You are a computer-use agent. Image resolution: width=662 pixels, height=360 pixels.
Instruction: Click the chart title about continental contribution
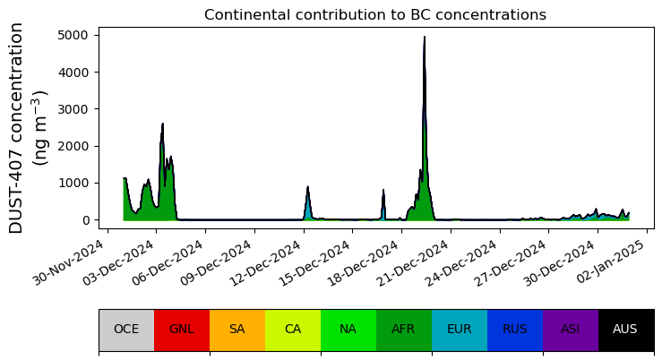(x=374, y=15)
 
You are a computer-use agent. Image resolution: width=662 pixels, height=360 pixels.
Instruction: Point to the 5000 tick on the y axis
(x=75, y=35)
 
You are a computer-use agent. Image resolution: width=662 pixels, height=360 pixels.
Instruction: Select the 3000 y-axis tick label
(x=75, y=109)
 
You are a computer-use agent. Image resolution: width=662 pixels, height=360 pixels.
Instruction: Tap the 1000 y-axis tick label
(x=75, y=183)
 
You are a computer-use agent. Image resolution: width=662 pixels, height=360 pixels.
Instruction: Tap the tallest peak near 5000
(x=425, y=39)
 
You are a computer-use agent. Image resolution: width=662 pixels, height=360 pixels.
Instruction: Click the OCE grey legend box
(x=126, y=330)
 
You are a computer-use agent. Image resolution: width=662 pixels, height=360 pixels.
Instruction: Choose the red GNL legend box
(x=182, y=330)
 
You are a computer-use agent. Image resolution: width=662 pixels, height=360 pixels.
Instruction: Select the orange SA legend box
(x=237, y=330)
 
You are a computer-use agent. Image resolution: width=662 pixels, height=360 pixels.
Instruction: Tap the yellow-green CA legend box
(x=293, y=330)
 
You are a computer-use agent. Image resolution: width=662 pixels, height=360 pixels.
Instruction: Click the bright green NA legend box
(x=348, y=330)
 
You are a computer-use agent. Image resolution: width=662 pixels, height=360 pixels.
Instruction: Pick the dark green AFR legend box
(x=404, y=330)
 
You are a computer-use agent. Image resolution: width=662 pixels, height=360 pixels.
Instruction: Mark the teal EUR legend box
(x=460, y=330)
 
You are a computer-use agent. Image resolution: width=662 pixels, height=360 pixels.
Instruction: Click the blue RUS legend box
(x=515, y=330)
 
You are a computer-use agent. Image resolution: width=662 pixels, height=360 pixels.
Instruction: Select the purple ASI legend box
(x=571, y=330)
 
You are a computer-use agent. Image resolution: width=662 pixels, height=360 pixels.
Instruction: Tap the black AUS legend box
(x=625, y=330)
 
